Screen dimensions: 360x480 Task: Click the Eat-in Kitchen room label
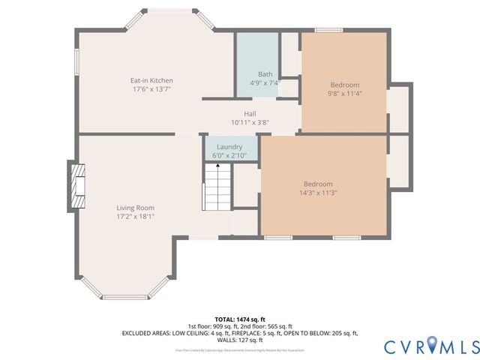(x=151, y=80)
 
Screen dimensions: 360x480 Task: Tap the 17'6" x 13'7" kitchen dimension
(x=151, y=89)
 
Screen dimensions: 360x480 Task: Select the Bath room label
(x=265, y=74)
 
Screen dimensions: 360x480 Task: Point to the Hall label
(x=250, y=113)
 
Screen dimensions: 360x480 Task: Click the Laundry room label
(x=229, y=146)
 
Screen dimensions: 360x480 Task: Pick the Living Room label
(x=135, y=208)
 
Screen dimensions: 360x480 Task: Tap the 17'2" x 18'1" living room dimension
(x=135, y=217)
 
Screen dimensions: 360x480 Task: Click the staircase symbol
(x=217, y=189)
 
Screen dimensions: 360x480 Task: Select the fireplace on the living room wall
(x=76, y=185)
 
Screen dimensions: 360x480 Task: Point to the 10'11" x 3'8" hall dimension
(x=250, y=122)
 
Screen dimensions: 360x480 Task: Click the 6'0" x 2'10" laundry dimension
(x=229, y=155)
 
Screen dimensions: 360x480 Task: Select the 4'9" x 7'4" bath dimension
(x=265, y=83)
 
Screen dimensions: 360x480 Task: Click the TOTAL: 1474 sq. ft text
(x=240, y=319)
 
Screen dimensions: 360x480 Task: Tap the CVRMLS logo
(x=431, y=346)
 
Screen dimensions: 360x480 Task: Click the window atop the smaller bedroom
(x=328, y=31)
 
